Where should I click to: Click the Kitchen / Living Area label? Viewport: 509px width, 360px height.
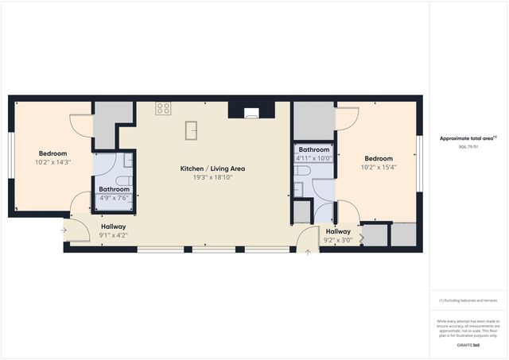pyautogui.click(x=212, y=168)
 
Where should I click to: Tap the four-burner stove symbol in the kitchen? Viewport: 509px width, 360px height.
pyautogui.click(x=164, y=109)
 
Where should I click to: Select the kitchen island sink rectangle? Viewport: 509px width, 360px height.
pyautogui.click(x=191, y=130)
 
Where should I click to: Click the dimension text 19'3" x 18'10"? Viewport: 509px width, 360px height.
pyautogui.click(x=212, y=177)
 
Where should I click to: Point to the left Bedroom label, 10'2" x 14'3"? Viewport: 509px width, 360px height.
pyautogui.click(x=52, y=153)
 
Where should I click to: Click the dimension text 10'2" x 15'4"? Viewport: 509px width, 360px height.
pyautogui.click(x=378, y=167)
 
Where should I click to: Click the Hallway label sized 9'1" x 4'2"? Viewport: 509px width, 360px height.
pyautogui.click(x=114, y=227)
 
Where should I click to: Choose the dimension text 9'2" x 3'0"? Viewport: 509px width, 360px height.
pyautogui.click(x=338, y=240)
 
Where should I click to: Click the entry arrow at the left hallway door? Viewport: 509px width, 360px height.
pyautogui.click(x=64, y=230)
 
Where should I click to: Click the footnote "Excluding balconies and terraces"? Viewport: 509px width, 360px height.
pyautogui.click(x=468, y=300)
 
